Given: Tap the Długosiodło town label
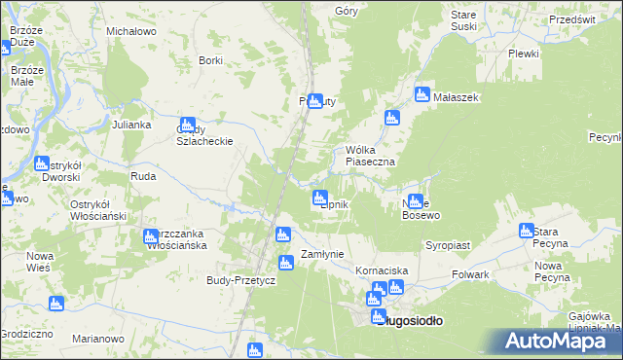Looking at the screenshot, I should coord(409,320).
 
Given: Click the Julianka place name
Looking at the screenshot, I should coord(130,125).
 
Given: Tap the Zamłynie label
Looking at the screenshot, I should coord(322,254).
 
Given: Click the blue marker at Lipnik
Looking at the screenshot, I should coord(318,198).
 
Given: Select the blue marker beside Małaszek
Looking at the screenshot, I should coord(422,94).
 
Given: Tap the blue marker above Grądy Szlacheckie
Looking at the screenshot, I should coord(187,124).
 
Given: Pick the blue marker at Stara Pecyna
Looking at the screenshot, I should coord(527,231).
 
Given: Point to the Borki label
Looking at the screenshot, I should coord(210,60).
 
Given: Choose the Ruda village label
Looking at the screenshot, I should coord(143,177).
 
